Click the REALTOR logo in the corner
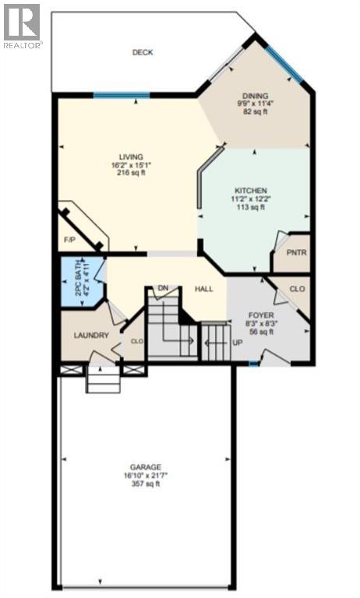click(x=21, y=26)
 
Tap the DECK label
click(x=142, y=53)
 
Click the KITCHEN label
click(x=252, y=191)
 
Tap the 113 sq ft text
click(x=252, y=207)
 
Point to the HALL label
click(x=204, y=289)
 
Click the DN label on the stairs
click(x=164, y=287)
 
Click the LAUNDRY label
click(x=90, y=336)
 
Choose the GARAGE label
click(x=146, y=467)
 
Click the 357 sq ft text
click(x=146, y=484)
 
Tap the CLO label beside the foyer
click(x=296, y=289)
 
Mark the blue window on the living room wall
click(x=121, y=95)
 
